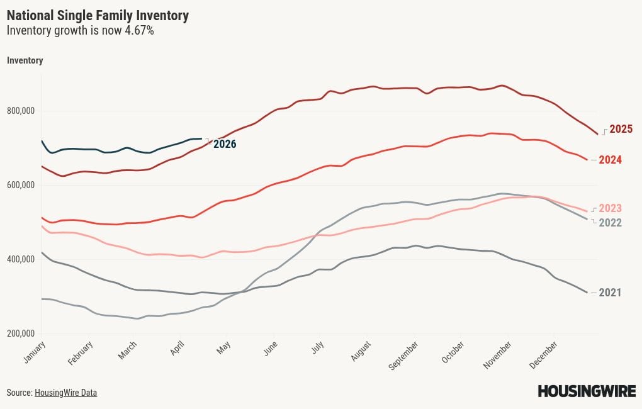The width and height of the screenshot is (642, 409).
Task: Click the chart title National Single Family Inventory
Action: pos(98,15)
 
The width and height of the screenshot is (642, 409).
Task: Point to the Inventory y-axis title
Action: pos(25,60)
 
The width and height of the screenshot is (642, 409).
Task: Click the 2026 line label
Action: pos(225,144)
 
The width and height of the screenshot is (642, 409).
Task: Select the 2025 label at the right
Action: pos(621,129)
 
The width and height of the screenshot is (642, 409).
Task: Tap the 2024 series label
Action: pos(610,160)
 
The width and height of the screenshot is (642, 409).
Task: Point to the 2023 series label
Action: pos(610,208)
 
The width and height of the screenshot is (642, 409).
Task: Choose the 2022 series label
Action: pos(610,223)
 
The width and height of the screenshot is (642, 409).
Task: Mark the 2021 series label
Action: pos(610,293)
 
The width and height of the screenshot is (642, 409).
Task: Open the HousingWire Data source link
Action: pos(65,393)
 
